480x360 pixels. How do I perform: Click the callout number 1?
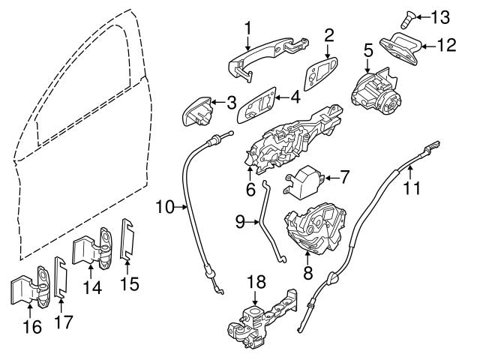click(x=247, y=28)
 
